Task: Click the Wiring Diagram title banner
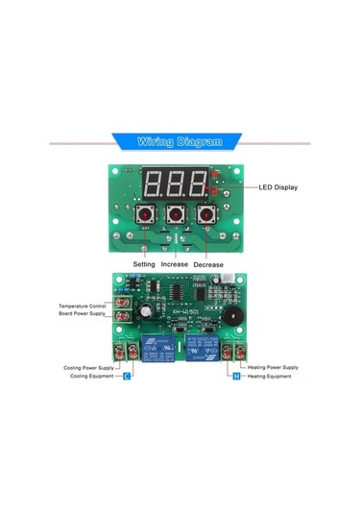(180, 141)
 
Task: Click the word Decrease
(208, 262)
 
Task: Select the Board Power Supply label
(84, 313)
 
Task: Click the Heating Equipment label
(271, 377)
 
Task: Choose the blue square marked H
(236, 377)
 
